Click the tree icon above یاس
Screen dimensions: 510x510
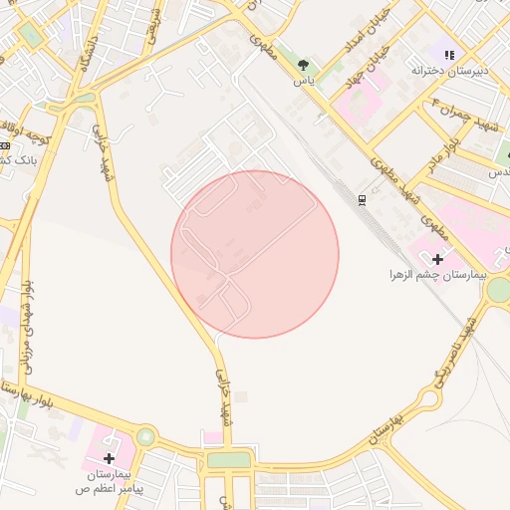click(303, 66)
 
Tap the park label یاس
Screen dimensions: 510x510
click(303, 82)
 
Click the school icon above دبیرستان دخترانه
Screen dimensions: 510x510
click(449, 55)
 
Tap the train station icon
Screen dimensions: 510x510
click(362, 199)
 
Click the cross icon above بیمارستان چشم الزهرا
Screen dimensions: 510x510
click(437, 259)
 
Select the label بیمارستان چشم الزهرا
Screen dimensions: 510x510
click(435, 273)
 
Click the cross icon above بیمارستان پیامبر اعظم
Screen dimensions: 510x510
click(110, 457)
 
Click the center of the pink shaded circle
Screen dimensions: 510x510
click(255, 254)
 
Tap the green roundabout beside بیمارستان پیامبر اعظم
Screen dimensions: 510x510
click(146, 436)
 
